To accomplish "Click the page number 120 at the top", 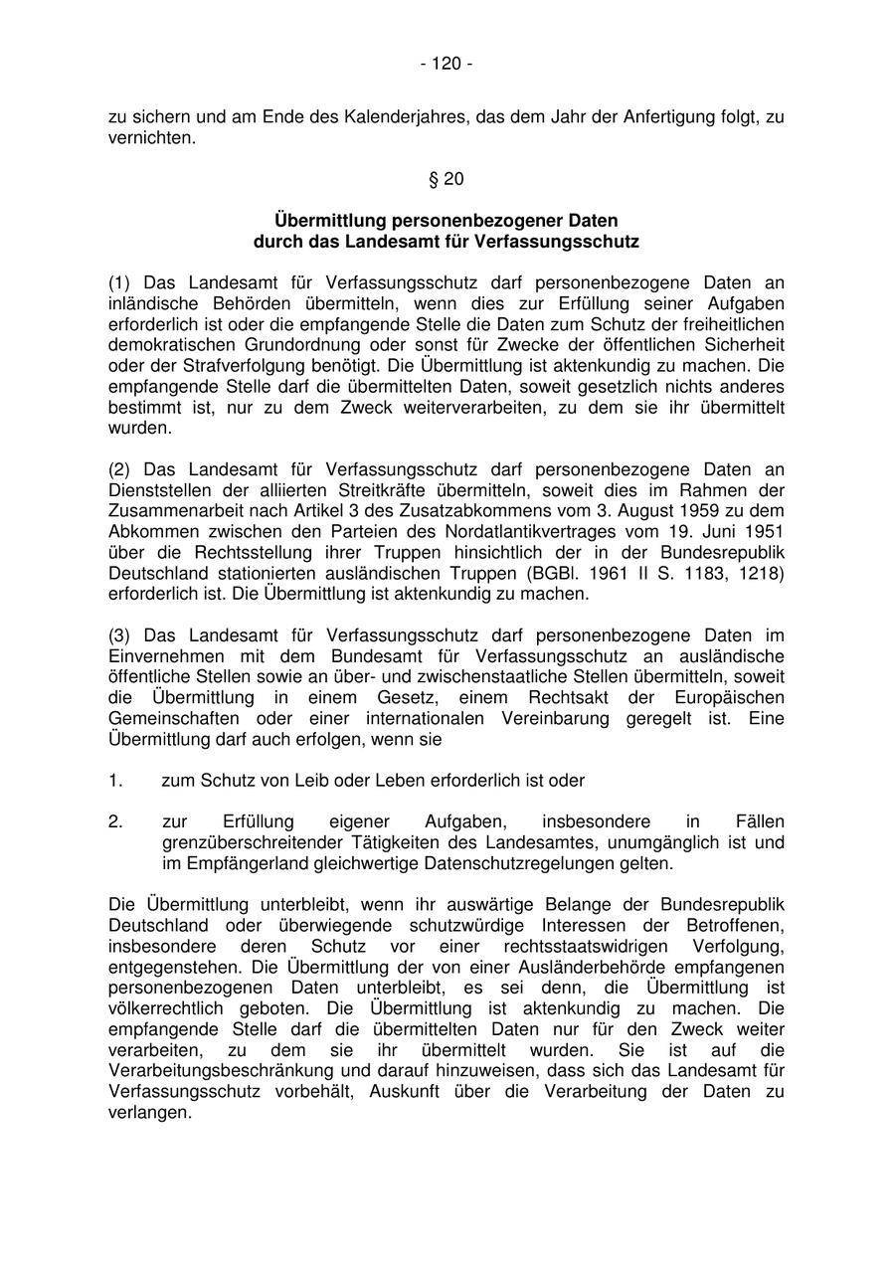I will tap(447, 64).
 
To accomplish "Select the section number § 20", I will tap(447, 179).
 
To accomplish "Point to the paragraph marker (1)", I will tap(119, 282).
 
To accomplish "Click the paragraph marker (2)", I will tap(119, 469).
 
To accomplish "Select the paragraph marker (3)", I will tap(119, 634).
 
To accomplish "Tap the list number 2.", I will tap(115, 821).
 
